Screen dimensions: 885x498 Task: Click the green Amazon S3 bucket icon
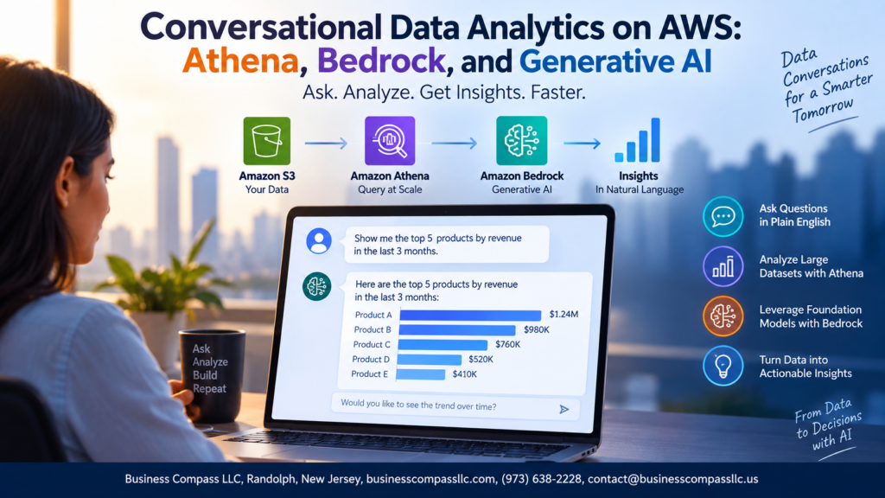pyautogui.click(x=267, y=141)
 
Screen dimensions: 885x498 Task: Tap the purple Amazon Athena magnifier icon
pyautogui.click(x=390, y=141)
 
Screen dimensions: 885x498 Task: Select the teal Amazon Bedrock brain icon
pyautogui.click(x=521, y=141)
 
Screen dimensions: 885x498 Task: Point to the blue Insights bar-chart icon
pyautogui.click(x=637, y=140)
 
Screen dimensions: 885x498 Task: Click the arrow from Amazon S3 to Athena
pyautogui.click(x=326, y=144)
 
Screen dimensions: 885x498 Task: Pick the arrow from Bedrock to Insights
pyautogui.click(x=582, y=144)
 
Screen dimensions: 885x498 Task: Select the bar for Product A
pyautogui.click(x=470, y=315)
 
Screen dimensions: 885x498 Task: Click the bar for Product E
pyautogui.click(x=421, y=373)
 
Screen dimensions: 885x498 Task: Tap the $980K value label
pyautogui.click(x=536, y=329)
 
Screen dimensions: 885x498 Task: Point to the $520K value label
pyautogui.click(x=481, y=359)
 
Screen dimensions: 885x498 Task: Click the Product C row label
pyautogui.click(x=372, y=344)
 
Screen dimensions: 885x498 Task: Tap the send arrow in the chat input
pyautogui.click(x=563, y=409)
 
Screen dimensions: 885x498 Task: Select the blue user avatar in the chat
pyautogui.click(x=319, y=241)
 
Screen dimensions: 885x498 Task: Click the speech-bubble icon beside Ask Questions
pyautogui.click(x=723, y=216)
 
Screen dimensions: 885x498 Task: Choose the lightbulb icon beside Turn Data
pyautogui.click(x=723, y=366)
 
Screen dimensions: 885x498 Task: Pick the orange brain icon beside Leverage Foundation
pyautogui.click(x=723, y=316)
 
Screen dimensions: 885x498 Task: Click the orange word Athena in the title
pyautogui.click(x=240, y=61)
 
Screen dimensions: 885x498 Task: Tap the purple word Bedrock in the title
pyautogui.click(x=381, y=61)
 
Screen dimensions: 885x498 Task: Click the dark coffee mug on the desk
pyautogui.click(x=212, y=375)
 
